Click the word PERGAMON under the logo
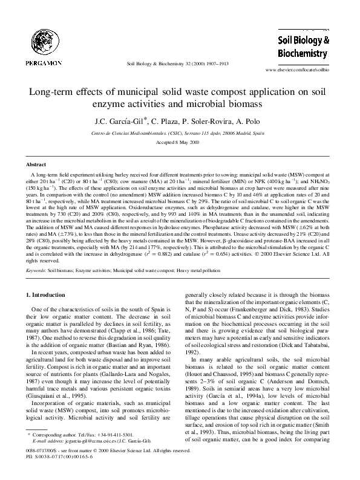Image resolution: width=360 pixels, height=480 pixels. coord(40,62)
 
